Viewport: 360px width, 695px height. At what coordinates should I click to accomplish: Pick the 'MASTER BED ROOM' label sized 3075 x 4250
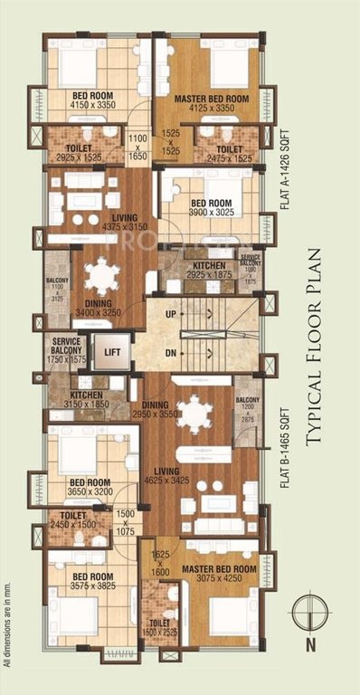(x=219, y=568)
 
